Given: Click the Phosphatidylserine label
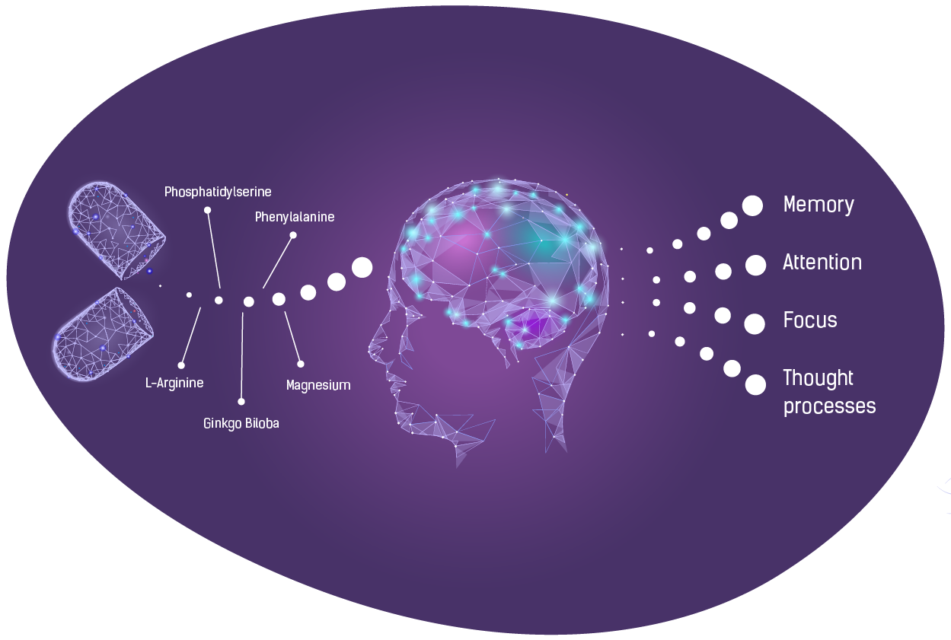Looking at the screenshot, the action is pyautogui.click(x=218, y=192).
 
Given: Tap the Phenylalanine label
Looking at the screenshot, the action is pyautogui.click(x=295, y=217).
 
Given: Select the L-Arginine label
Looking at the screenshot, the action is pyautogui.click(x=174, y=383).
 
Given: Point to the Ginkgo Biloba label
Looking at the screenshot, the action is pyautogui.click(x=241, y=423).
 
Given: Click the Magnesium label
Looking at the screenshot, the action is pyautogui.click(x=318, y=385).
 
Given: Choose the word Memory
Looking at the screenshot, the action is pyautogui.click(x=819, y=205).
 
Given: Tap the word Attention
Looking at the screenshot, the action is pyautogui.click(x=822, y=263).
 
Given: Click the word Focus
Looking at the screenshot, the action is pyautogui.click(x=810, y=320).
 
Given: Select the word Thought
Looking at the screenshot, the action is pyautogui.click(x=818, y=378).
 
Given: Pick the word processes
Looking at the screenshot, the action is pyautogui.click(x=830, y=406).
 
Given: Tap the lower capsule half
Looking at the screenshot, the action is pyautogui.click(x=102, y=334).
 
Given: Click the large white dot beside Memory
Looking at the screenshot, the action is pyautogui.click(x=752, y=205).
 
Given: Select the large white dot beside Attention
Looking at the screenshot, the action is pyautogui.click(x=756, y=266).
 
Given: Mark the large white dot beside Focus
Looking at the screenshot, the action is pyautogui.click(x=755, y=324).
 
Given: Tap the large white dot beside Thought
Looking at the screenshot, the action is pyautogui.click(x=755, y=385).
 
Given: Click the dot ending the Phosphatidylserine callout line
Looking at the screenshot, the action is pyautogui.click(x=207, y=210).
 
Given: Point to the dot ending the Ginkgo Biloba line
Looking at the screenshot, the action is pyautogui.click(x=241, y=402).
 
